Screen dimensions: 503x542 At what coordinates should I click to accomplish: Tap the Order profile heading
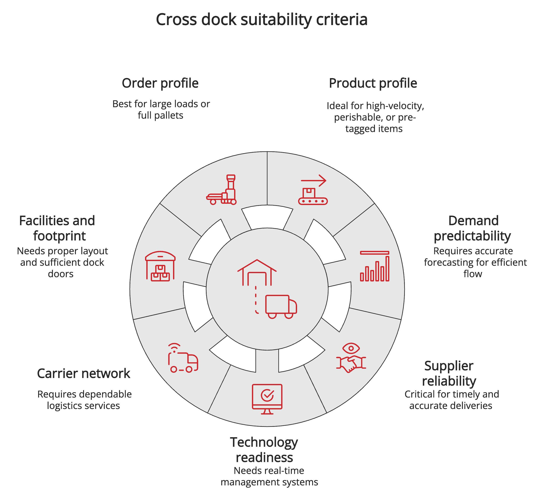coord(160,83)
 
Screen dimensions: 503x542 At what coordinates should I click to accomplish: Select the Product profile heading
coord(373,83)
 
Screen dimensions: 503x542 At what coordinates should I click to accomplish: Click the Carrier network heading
coord(84,374)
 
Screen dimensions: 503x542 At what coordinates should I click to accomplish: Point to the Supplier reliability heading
coord(449,374)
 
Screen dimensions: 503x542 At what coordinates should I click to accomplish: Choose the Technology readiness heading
coord(264,450)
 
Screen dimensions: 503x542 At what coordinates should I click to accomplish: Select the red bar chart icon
coord(374,266)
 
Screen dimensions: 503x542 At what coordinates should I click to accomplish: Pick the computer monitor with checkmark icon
coord(267,399)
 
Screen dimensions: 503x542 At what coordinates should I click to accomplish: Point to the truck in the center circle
coord(281,306)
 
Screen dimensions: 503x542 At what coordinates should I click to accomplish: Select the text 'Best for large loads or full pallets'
coord(161,110)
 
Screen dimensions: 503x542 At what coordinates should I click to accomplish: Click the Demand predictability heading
coord(473,228)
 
